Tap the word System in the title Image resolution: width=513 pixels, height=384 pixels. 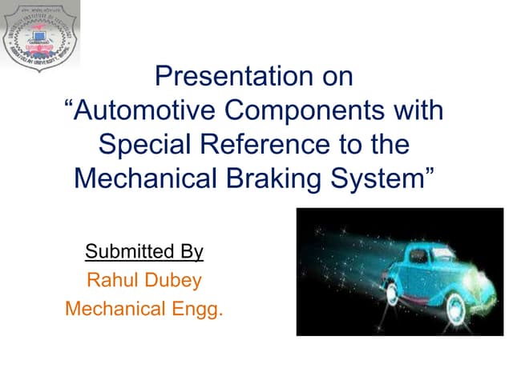pyautogui.click(x=376, y=178)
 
